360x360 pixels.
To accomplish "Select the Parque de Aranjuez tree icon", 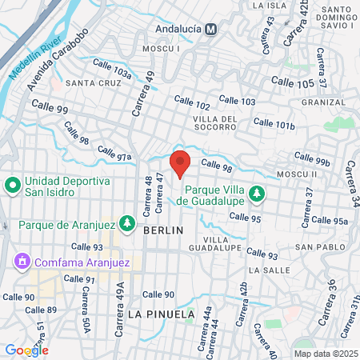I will tap(126, 222).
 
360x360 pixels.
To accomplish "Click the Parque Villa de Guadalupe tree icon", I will tap(256, 193).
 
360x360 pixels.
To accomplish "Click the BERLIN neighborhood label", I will tap(163, 230).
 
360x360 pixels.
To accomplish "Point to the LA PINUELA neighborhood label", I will tap(161, 314).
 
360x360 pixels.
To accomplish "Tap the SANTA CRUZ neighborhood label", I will tap(93, 83).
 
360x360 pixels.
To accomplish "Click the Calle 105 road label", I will tap(294, 82).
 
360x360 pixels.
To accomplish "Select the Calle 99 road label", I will tap(50, 105).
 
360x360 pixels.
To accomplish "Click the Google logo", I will tap(27, 350).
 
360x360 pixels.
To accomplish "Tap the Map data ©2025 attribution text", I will tap(325, 354).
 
